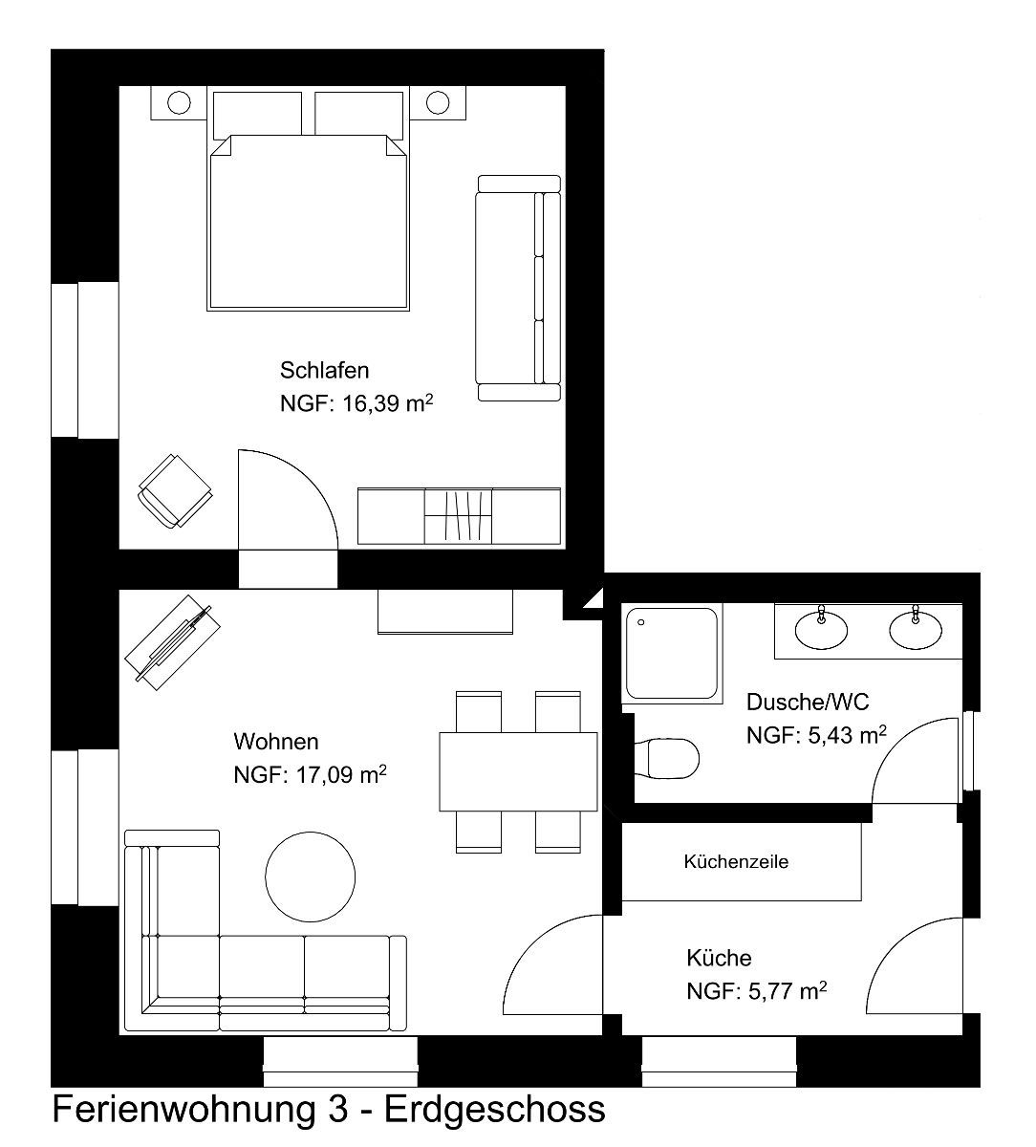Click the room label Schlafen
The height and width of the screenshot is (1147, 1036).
click(x=324, y=371)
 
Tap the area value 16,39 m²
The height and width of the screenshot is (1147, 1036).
click(x=388, y=403)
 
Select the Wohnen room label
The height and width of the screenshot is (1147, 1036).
click(x=276, y=742)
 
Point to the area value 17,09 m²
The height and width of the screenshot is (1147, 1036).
click(x=341, y=775)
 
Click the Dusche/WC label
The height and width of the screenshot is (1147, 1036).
click(x=808, y=703)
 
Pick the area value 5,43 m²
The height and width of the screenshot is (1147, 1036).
click(x=848, y=735)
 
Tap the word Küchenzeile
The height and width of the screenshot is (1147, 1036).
click(x=736, y=861)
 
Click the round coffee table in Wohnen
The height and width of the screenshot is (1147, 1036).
click(x=310, y=876)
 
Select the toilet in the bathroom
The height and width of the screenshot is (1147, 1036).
click(x=667, y=758)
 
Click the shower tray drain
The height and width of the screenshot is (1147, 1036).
click(x=641, y=622)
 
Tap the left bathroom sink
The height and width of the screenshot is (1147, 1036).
click(x=821, y=630)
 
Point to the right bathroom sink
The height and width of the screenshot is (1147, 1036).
click(x=916, y=630)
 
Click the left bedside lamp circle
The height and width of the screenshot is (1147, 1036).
click(x=179, y=103)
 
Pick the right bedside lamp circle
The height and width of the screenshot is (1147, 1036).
click(x=438, y=103)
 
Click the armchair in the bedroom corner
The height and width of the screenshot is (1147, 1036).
click(x=175, y=490)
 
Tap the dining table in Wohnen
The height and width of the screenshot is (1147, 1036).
click(x=518, y=772)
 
